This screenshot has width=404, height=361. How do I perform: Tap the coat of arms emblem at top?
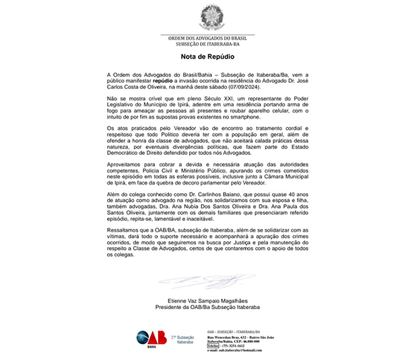208,16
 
